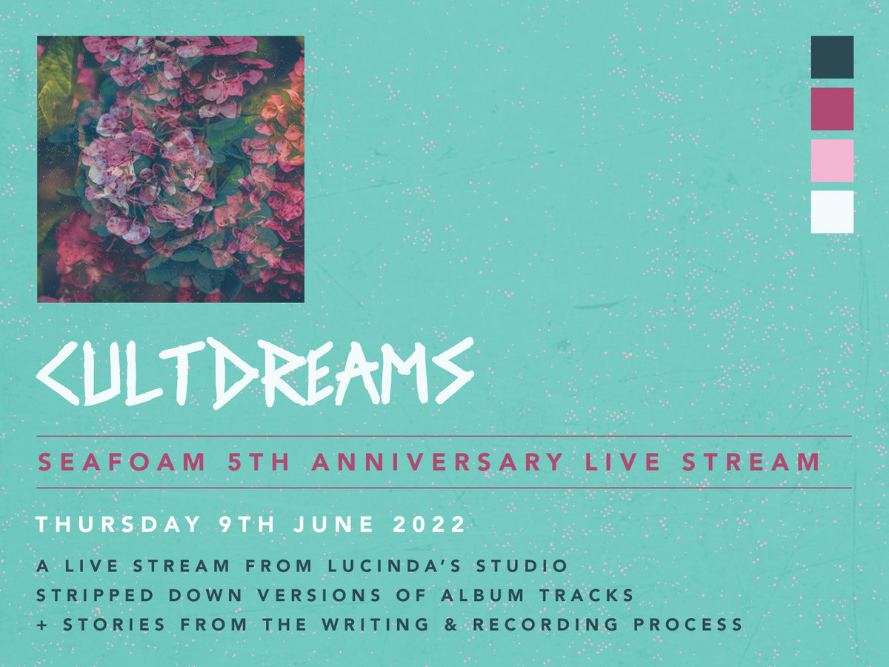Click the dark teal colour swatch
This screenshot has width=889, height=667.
(x=832, y=57)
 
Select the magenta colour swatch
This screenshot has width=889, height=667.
(x=832, y=109)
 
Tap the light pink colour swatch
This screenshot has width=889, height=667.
(x=832, y=161)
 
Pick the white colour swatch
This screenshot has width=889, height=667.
(x=832, y=212)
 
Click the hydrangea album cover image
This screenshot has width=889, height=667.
(x=170, y=169)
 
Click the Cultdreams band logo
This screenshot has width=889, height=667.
(x=255, y=372)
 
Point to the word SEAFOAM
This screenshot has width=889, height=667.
(x=122, y=462)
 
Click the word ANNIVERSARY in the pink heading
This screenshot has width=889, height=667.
(x=437, y=462)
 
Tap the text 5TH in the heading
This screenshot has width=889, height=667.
(x=259, y=462)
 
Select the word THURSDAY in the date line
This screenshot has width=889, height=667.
(x=119, y=525)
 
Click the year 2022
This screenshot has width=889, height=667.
(x=429, y=525)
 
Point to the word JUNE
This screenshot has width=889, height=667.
(x=333, y=525)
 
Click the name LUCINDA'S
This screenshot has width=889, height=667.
(x=394, y=565)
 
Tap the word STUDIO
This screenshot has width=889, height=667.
(x=522, y=565)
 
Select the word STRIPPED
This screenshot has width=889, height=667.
(x=95, y=595)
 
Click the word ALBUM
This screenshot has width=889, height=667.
(x=483, y=595)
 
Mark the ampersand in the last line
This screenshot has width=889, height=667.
(x=450, y=625)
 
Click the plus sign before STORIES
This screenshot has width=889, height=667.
(x=41, y=625)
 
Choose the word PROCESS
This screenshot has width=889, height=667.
(x=688, y=625)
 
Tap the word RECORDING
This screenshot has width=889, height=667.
(x=545, y=625)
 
